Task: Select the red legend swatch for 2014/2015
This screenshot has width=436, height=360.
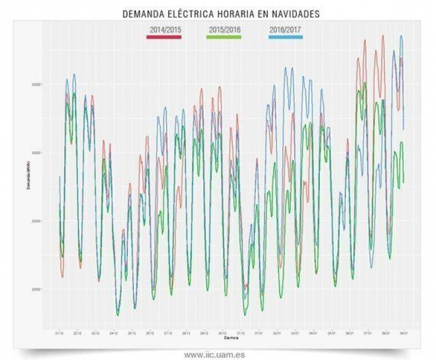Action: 163,38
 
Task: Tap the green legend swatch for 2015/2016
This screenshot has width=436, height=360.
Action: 224,38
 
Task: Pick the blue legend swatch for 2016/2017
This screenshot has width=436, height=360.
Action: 285,38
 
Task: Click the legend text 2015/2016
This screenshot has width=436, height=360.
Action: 224,29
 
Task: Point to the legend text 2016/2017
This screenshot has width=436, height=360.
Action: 285,29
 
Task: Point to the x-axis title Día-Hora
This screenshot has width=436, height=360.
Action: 231,338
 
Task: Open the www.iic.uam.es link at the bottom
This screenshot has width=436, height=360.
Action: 219,354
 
